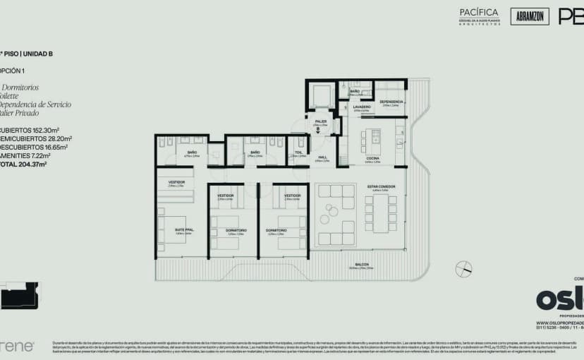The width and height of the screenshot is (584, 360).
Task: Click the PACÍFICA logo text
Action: [x=479, y=13]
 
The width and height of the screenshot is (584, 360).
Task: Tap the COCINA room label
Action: [x=372, y=159]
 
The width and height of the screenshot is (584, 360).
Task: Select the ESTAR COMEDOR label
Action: [x=381, y=187]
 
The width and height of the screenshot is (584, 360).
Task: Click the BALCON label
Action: [x=362, y=265]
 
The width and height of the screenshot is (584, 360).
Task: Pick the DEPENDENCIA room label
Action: [x=391, y=102]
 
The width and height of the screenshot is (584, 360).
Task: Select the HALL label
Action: [x=322, y=158]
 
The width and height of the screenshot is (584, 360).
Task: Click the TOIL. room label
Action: [x=298, y=152]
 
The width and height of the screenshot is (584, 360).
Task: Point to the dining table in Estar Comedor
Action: [x=382, y=214]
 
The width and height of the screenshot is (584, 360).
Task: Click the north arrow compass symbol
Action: [x=463, y=269]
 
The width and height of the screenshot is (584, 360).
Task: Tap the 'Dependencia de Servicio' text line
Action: [x=35, y=104]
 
